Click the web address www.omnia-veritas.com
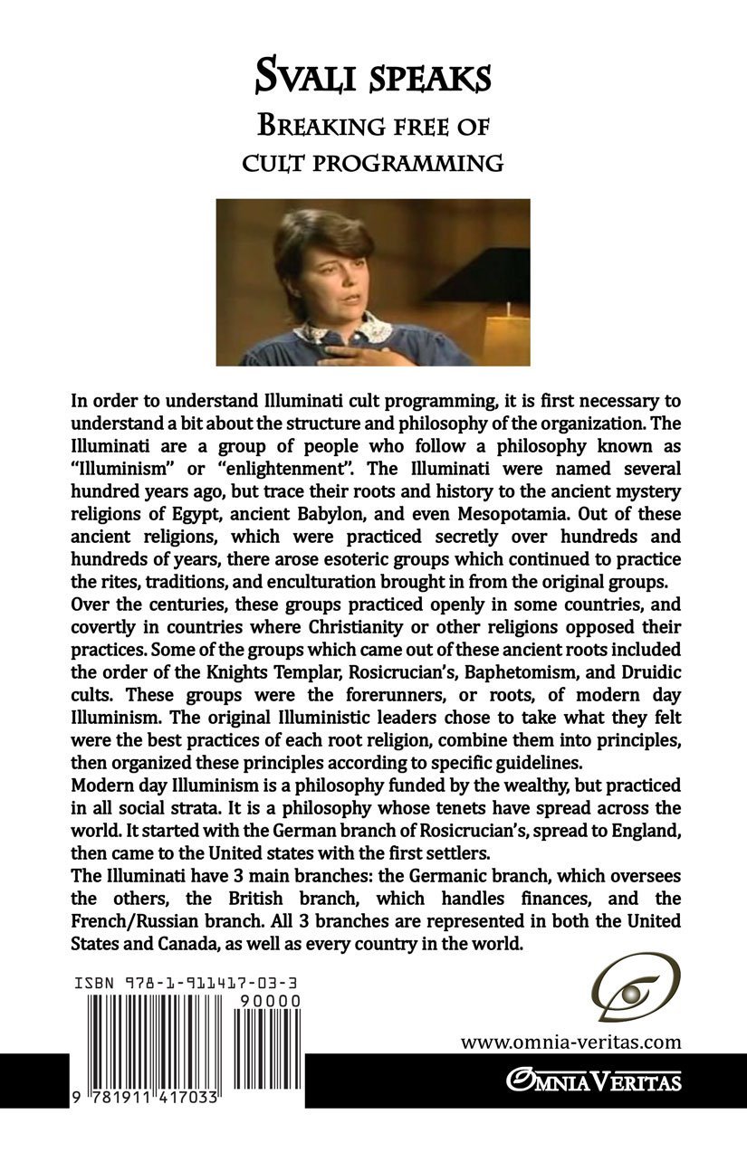click(x=570, y=1042)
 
